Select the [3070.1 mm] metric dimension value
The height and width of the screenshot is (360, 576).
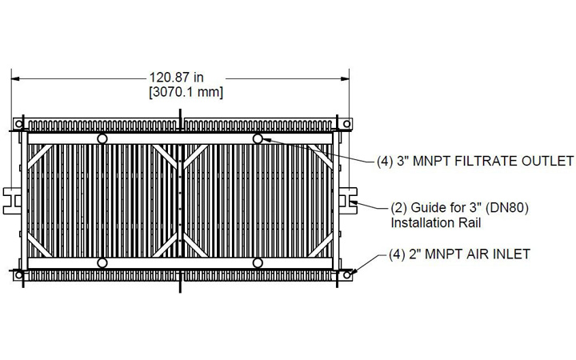tap(184, 93)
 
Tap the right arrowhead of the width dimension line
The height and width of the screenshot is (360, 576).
tap(346, 78)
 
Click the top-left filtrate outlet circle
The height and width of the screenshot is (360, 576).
tap(102, 139)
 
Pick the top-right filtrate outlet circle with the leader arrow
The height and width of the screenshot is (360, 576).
tap(258, 139)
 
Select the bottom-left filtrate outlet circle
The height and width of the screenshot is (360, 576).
tap(102, 262)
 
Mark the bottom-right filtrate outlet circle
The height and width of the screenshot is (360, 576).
tap(258, 262)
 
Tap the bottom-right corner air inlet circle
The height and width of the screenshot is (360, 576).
tap(346, 275)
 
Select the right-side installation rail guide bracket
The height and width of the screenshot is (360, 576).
tap(351, 200)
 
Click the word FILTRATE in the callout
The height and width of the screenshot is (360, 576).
tap(472, 160)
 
